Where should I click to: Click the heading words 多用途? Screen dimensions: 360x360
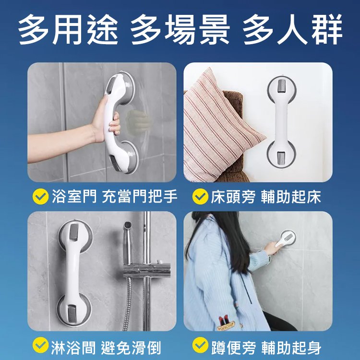click(x=68, y=30)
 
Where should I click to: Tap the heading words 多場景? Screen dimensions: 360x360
click(x=180, y=30)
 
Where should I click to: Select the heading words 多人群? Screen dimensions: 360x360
click(x=292, y=30)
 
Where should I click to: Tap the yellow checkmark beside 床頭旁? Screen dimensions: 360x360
click(x=199, y=196)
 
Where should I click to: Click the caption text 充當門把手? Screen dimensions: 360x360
click(x=140, y=196)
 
